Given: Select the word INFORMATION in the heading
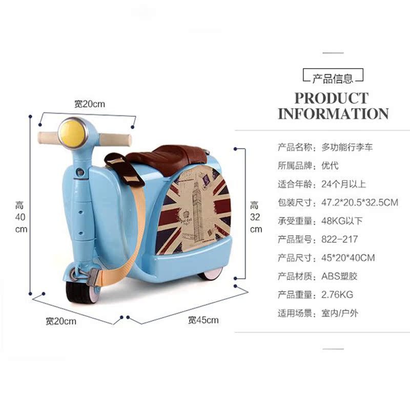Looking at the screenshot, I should point(333,113).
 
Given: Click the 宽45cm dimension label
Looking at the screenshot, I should point(203,320).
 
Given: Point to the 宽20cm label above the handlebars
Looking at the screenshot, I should point(89,104).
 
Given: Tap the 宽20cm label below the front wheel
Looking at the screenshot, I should point(60,321).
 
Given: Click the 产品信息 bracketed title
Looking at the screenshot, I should point(333,78).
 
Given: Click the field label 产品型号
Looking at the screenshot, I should point(295,239).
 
